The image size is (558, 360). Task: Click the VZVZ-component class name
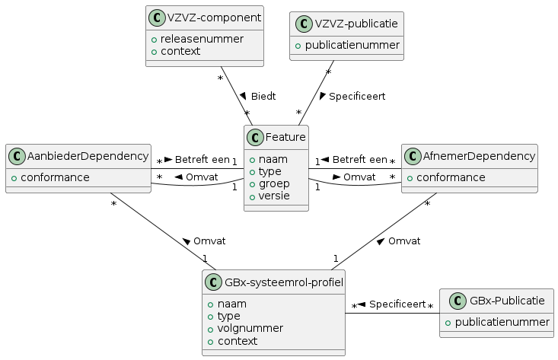point(215,18)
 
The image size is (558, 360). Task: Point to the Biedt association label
point(263,97)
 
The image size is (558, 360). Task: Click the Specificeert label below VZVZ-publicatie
point(356,97)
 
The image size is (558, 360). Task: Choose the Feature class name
point(285,138)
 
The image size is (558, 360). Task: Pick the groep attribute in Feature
point(274,183)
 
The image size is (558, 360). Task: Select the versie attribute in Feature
point(276,196)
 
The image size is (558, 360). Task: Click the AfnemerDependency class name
point(479,157)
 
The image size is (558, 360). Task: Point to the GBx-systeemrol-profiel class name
point(283,282)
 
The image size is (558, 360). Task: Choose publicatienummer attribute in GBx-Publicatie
point(502,322)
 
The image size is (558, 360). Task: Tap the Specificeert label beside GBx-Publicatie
point(397,304)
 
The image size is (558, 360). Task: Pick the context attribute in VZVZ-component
point(180,51)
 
